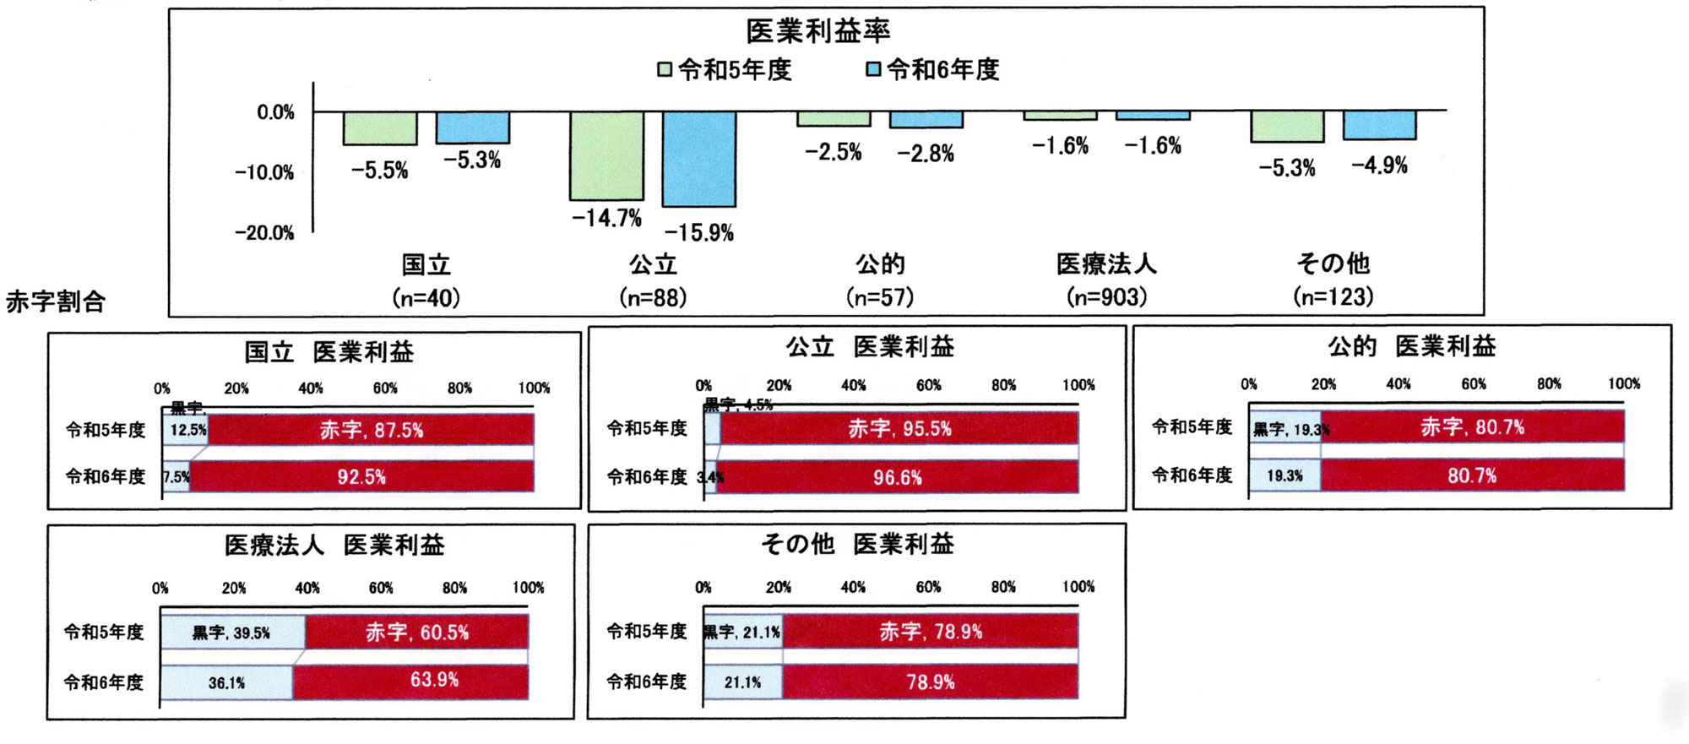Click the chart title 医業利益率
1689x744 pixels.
pos(817,31)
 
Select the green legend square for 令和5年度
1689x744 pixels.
pos(665,69)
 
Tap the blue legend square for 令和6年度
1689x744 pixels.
pos(873,69)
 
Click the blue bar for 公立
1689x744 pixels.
pos(698,159)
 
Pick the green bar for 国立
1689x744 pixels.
pos(379,128)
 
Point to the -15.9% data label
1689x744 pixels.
pos(698,232)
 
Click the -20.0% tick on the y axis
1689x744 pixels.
pos(264,233)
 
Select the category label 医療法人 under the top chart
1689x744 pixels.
pos(1106,264)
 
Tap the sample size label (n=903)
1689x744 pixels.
pos(1106,297)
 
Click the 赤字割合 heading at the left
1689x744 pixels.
pos(56,301)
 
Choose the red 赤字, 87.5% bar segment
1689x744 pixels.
pos(371,430)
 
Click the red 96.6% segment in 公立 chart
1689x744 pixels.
pos(897,478)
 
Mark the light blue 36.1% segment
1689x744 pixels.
pos(226,682)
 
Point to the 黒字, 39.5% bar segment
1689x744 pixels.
pos(231,633)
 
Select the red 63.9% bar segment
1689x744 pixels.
pos(410,681)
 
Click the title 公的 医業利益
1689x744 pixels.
pos(1411,346)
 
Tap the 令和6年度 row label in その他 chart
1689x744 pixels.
pos(647,682)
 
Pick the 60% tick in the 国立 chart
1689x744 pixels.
pos(385,388)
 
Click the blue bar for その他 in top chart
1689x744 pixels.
pos(1379,125)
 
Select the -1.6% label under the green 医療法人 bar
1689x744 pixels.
pos(1060,146)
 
